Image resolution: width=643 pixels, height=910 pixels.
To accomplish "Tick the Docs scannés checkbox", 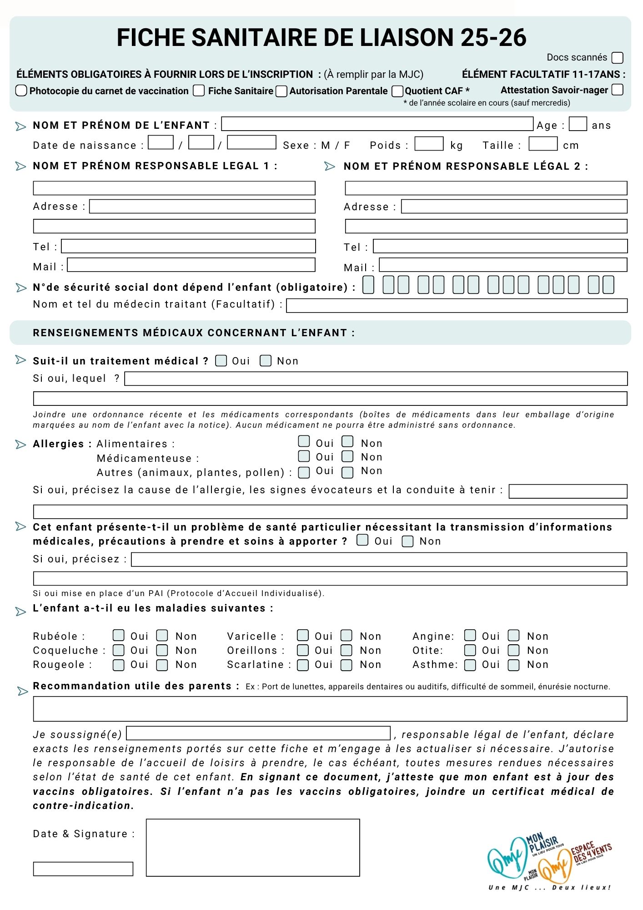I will coord(617,58).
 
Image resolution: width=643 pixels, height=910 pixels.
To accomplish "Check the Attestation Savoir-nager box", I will coord(617,90).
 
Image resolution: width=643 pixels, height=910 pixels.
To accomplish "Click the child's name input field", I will coord(377,124).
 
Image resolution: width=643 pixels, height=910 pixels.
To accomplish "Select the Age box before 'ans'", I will coord(578,124).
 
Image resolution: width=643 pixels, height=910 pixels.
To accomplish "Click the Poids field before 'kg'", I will coord(429,144).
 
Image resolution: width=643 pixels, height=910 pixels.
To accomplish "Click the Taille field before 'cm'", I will coord(543,144).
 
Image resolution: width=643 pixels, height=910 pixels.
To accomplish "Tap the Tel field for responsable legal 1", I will coord(188,246).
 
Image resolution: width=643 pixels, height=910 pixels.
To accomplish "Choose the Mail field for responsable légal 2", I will coord(503,265).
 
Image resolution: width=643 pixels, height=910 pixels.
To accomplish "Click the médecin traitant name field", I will coord(457,305).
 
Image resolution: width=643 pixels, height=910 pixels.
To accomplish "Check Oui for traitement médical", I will coord(221,361).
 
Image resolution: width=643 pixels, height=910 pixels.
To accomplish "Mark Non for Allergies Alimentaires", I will coord(348,441).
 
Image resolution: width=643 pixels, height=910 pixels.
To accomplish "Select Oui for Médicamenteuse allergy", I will coord(304,456).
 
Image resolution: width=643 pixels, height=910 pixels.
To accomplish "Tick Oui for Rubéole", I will coord(119,635).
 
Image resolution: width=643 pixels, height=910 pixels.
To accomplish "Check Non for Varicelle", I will coord(347,635).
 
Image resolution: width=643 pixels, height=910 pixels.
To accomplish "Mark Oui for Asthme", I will coord(470,665).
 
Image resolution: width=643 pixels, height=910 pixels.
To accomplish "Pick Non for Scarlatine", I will coord(347,665).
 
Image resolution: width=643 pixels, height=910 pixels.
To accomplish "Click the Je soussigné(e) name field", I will coord(258,733).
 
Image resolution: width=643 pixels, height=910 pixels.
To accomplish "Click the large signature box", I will coord(253,847).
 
